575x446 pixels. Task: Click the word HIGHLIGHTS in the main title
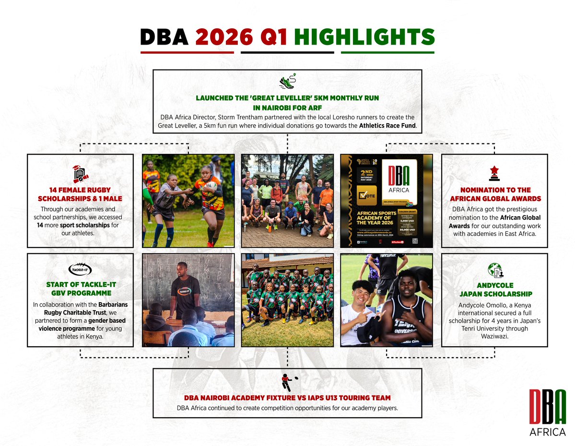coord(364,37)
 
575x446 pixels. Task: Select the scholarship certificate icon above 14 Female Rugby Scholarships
coord(80,174)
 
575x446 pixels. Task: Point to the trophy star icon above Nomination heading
coord(494,173)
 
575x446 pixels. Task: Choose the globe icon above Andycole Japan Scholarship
coord(494,270)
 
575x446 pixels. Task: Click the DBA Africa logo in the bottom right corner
coord(547,412)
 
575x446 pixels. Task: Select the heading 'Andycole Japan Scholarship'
coord(494,290)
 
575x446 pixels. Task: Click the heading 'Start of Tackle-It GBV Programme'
coord(80,289)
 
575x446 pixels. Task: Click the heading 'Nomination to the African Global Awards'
coord(494,194)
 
